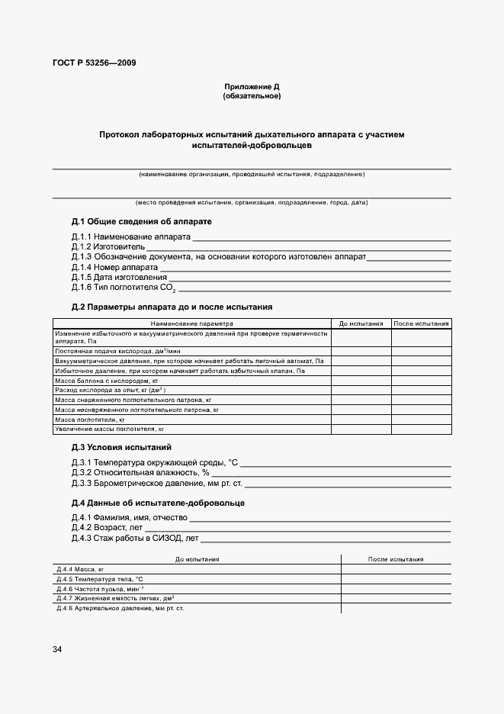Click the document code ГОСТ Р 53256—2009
tap(94, 63)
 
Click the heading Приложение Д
tap(252, 88)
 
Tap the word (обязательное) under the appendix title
tap(252, 97)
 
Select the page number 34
tap(57, 649)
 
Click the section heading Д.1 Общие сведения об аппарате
tap(141, 221)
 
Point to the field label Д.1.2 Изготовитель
tap(108, 247)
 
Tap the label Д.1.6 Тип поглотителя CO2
tap(124, 288)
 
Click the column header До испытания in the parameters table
tap(361, 324)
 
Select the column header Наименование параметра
tap(192, 324)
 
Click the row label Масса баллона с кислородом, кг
tap(106, 380)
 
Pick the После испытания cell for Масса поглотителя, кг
tap(421, 420)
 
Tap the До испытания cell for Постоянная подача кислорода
tap(361, 350)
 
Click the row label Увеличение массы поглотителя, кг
tap(110, 429)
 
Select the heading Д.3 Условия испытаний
tap(121, 447)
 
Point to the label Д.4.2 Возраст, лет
tap(106, 528)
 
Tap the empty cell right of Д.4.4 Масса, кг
tap(396, 569)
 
